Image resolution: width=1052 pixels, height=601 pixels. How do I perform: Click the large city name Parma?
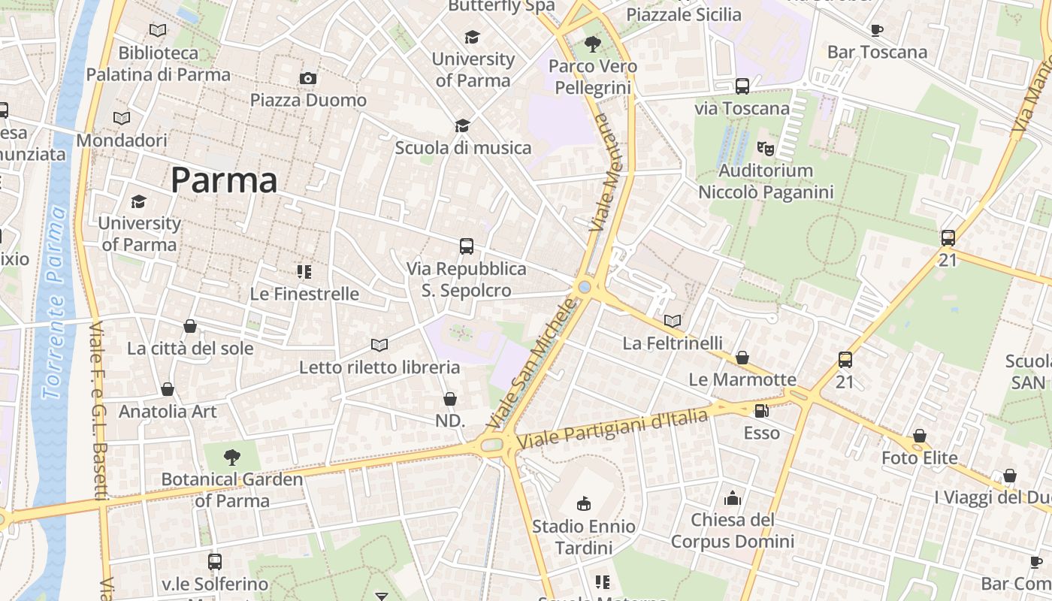coord(224,180)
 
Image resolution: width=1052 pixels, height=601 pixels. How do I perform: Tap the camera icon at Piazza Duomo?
coord(308,79)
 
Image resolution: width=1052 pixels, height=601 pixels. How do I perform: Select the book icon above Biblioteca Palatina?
coord(158,31)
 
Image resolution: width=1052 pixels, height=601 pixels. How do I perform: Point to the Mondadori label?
coord(122,140)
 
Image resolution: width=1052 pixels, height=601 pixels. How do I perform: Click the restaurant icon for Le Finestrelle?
coord(304,272)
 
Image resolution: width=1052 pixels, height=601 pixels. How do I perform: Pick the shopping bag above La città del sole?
coord(190,327)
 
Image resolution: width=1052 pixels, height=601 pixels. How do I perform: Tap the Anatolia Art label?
coord(168,412)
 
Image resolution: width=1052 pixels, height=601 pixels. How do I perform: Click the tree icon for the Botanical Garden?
coord(232,457)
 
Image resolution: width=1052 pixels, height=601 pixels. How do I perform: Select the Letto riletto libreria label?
coord(379,367)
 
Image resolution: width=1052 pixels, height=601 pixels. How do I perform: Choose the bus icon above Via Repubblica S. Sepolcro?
coord(467,246)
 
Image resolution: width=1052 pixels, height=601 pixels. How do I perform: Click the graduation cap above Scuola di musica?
coord(463,126)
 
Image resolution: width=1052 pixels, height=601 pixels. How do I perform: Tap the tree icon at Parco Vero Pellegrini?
coord(593,44)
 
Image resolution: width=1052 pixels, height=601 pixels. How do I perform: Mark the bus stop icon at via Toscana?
coord(742,86)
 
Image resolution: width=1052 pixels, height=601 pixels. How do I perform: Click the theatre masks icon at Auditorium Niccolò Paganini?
coord(766,149)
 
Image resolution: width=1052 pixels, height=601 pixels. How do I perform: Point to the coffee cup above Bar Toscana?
coord(876,31)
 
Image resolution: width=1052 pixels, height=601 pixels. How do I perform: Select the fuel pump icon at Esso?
coord(761,411)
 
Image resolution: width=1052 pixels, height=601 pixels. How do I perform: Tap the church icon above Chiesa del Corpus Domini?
coord(733,498)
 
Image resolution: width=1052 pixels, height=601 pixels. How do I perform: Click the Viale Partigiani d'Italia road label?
coord(612,429)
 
